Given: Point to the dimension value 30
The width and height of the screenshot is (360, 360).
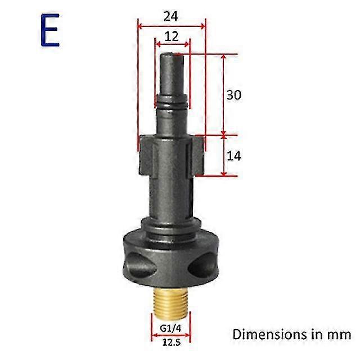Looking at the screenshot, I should coord(233,95).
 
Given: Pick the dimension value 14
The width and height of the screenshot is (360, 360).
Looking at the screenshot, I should coord(233,156).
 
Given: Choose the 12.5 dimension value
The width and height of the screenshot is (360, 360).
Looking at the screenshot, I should coord(171,341).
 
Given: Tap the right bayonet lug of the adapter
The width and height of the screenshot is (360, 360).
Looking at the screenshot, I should coord(197,155).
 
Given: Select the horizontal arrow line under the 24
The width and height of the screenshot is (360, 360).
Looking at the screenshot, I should coord(172,25).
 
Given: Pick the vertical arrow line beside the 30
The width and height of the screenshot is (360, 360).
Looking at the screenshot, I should coord(224,95).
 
